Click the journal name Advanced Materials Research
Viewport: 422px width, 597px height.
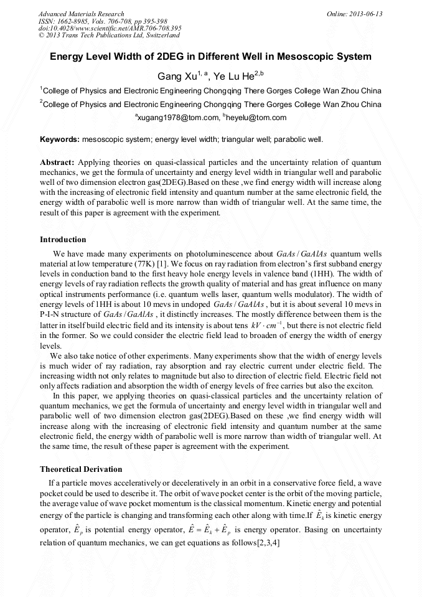pyautogui.click(x=81, y=14)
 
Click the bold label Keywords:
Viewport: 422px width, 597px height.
pyautogui.click(x=60, y=138)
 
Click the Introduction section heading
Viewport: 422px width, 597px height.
pyautogui.click(x=63, y=240)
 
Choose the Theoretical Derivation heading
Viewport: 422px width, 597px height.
pyautogui.click(x=81, y=469)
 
